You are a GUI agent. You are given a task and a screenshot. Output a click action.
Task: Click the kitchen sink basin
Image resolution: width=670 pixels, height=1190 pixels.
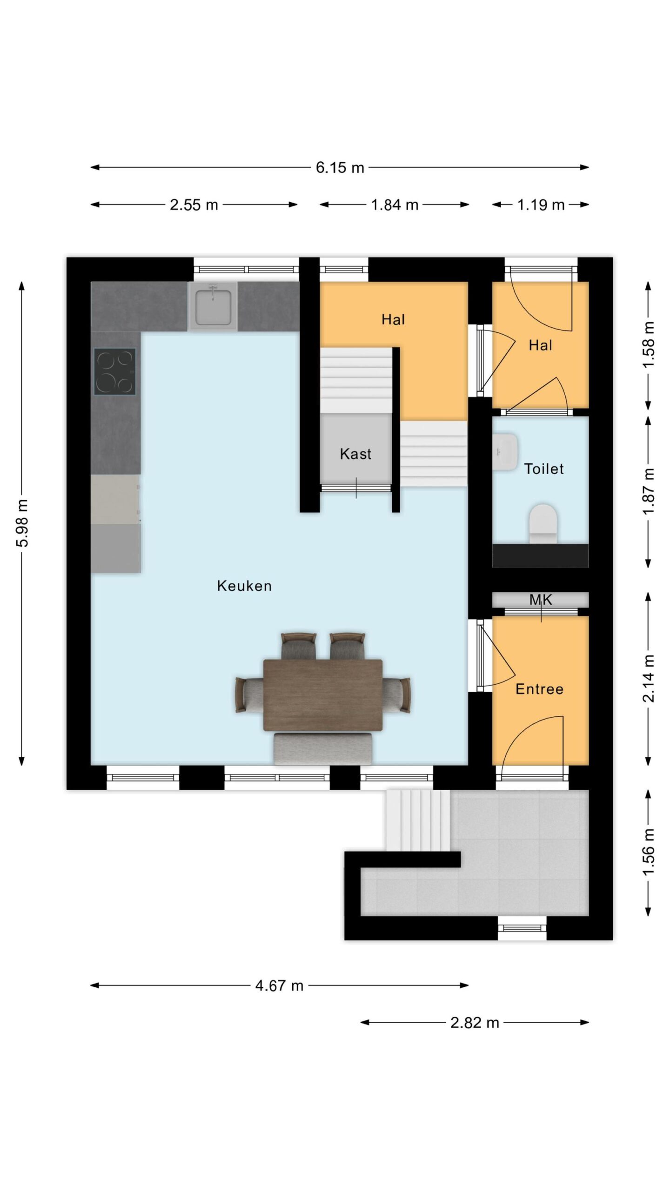pyautogui.click(x=213, y=307)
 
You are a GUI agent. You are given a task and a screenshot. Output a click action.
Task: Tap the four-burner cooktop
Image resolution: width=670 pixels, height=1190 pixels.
pyautogui.click(x=115, y=372)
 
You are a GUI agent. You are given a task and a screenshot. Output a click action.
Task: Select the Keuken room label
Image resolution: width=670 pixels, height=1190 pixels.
pyautogui.click(x=244, y=586)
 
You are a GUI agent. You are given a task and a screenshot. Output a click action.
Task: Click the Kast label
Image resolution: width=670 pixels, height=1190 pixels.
pyautogui.click(x=355, y=454)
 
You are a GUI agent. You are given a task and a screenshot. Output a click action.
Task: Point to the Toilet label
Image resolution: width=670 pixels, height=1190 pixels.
pyautogui.click(x=544, y=469)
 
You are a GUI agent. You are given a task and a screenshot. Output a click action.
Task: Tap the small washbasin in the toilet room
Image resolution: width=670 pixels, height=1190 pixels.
pyautogui.click(x=505, y=451)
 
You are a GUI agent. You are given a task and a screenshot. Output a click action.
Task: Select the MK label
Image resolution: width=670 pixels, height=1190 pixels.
pyautogui.click(x=541, y=600)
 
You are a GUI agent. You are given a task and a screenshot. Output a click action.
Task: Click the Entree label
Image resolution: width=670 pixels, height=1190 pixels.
pyautogui.click(x=540, y=689)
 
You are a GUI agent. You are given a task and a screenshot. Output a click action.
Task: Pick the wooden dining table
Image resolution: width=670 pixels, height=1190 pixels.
pyautogui.click(x=323, y=695)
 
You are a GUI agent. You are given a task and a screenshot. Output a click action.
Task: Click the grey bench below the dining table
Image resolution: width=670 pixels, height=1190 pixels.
pyautogui.click(x=323, y=748)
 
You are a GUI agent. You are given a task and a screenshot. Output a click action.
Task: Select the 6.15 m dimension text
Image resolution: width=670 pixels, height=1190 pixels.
pyautogui.click(x=340, y=167)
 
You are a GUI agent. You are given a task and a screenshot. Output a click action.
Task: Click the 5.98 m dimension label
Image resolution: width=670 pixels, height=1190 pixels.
pyautogui.click(x=22, y=523)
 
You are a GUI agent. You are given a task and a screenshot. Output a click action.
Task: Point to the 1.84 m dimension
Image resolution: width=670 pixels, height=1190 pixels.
pyautogui.click(x=395, y=205)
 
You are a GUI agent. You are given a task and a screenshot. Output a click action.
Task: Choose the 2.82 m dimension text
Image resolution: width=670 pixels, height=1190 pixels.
pyautogui.click(x=475, y=1023)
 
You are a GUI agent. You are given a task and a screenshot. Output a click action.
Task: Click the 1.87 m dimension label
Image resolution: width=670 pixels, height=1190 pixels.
pyautogui.click(x=648, y=491)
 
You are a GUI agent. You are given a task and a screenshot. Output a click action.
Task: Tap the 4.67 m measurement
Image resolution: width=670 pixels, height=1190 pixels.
pyautogui.click(x=279, y=985)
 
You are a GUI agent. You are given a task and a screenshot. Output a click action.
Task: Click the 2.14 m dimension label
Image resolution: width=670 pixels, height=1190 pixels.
pyautogui.click(x=648, y=678)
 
